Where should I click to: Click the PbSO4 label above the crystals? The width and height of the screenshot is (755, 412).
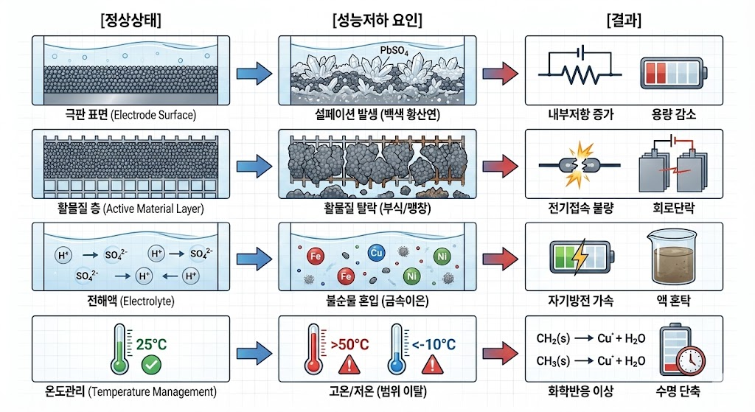pos(394,51)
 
